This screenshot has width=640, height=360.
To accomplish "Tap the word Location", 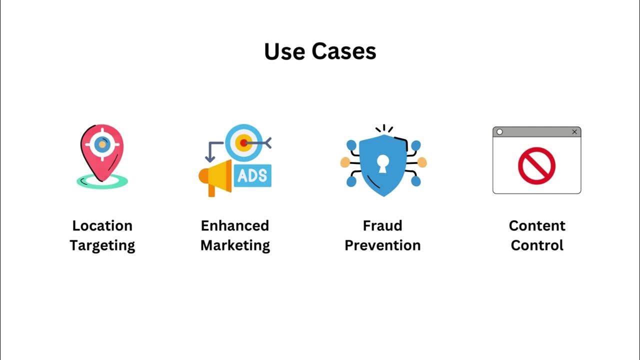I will point(102,225).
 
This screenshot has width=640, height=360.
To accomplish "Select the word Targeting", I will point(102,245).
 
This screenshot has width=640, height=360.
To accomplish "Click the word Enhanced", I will point(235,225).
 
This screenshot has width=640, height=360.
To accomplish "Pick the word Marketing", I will point(235,245).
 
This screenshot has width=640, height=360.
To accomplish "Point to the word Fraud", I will point(382,225).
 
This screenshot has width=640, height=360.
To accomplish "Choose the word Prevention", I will point(382,245).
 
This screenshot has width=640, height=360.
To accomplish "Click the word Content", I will point(537,225).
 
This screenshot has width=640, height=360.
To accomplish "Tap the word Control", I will point(537,245).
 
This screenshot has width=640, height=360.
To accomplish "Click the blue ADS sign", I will point(252,175).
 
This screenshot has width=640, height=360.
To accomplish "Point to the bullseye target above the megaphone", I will point(243,142).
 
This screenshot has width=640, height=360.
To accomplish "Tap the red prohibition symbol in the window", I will point(536,165).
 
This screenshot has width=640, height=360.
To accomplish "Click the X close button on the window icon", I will point(574,132).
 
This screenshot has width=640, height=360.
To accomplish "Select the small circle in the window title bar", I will point(499,132).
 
